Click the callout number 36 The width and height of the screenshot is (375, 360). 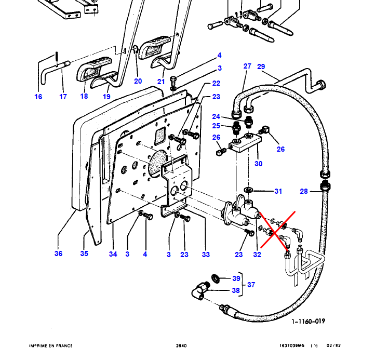click(58, 254)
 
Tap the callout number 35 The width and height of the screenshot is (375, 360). click(85, 254)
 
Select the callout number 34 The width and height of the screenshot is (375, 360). click(113, 254)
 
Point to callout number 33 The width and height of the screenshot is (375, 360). click(206, 254)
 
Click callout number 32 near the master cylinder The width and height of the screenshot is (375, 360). click(257, 254)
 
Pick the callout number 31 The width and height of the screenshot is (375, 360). click(278, 192)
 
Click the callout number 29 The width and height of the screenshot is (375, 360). click(261, 66)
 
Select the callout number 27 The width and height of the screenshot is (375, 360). click(247, 66)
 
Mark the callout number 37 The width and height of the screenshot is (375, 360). click(251, 284)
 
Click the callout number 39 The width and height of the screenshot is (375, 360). click(236, 279)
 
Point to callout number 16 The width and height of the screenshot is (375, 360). click(38, 97)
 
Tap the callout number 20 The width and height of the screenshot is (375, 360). click(138, 81)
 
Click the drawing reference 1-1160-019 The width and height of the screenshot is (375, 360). click(309, 321)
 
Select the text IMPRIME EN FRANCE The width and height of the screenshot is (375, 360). click(50, 346)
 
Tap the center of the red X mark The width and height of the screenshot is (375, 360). click(275, 229)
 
